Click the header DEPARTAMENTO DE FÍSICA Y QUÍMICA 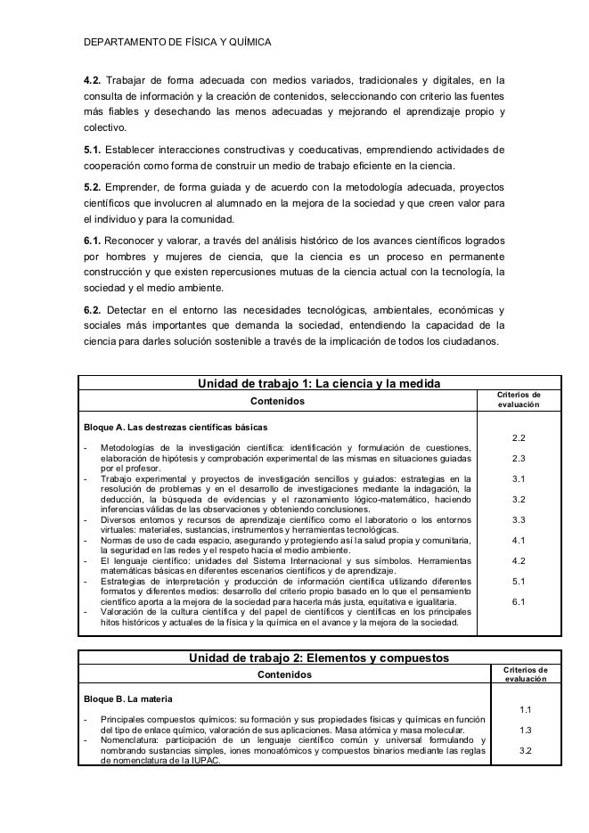[x=176, y=42]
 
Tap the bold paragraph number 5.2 [x=92, y=188]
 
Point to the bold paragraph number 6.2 [x=92, y=310]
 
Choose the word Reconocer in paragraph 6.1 [x=131, y=241]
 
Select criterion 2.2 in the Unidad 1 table [x=519, y=438]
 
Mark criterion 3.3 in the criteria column [x=519, y=519]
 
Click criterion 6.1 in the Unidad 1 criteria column [x=519, y=602]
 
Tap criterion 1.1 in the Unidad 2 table [x=525, y=709]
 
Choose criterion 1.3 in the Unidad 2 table [x=525, y=730]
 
